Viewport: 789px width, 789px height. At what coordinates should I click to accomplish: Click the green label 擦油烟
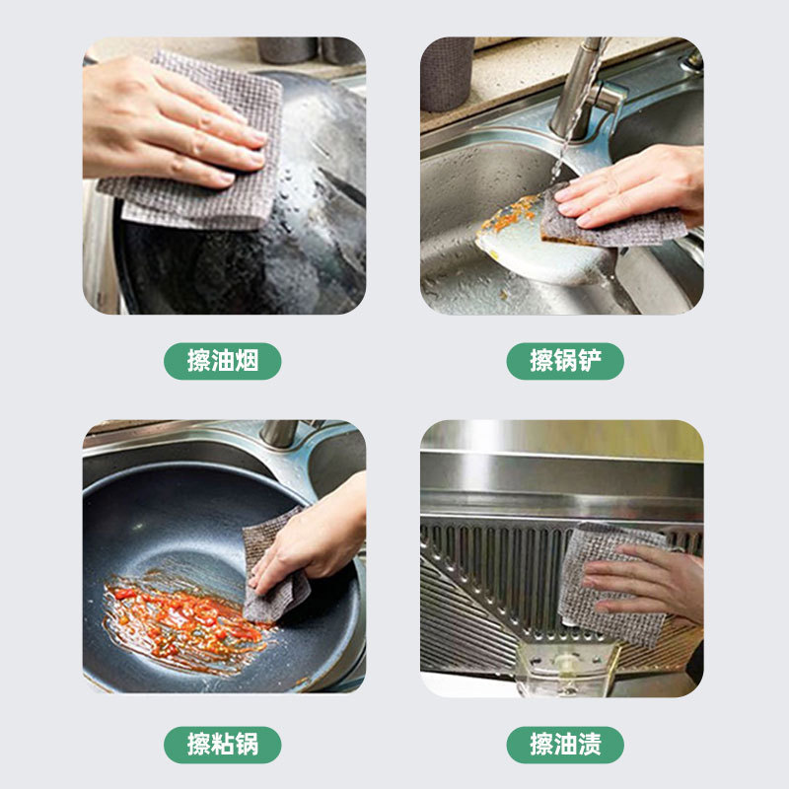click(x=223, y=361)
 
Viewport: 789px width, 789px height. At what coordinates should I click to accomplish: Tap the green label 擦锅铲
click(x=565, y=361)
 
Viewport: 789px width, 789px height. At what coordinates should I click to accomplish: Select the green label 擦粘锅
click(x=223, y=745)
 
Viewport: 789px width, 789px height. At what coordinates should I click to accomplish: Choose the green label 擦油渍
click(x=565, y=745)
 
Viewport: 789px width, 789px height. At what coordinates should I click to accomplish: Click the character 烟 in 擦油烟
click(x=248, y=361)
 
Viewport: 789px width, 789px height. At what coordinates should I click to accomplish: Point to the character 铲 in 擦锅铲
click(x=590, y=361)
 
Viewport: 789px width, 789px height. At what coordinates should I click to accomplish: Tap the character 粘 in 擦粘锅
click(x=223, y=745)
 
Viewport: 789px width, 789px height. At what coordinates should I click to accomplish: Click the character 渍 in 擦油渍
click(x=590, y=745)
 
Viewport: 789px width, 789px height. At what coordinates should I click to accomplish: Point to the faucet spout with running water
click(x=579, y=91)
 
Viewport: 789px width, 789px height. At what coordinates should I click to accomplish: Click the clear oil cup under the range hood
click(x=567, y=669)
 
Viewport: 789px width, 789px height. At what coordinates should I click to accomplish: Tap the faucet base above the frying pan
click(x=280, y=433)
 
